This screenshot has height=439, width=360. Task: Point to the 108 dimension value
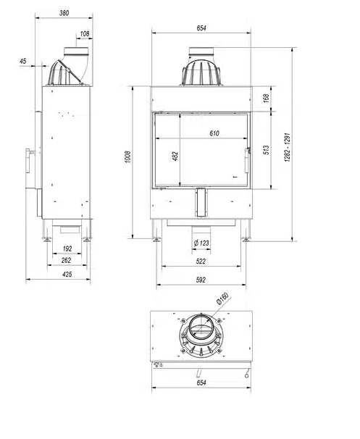(x=85, y=33)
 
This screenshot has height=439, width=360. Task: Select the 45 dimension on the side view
(x=23, y=62)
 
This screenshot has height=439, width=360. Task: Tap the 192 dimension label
(x=67, y=248)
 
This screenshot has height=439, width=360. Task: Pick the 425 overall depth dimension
(x=67, y=274)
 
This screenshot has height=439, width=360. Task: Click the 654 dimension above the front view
(x=201, y=28)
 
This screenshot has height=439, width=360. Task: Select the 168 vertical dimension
(x=267, y=97)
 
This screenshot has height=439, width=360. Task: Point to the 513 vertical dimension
(x=267, y=151)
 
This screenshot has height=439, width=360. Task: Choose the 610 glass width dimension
(x=214, y=134)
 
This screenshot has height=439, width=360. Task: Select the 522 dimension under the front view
(x=202, y=261)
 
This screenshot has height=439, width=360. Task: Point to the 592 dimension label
(x=202, y=281)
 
